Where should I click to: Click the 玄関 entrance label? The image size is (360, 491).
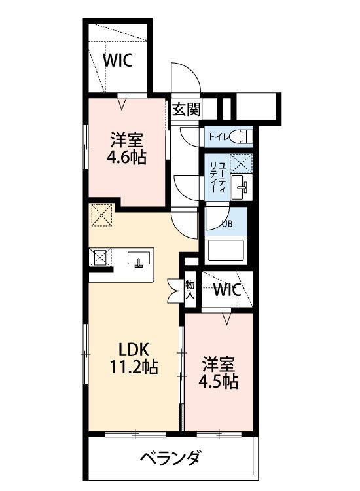point(186,109)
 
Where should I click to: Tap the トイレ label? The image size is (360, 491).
point(217,137)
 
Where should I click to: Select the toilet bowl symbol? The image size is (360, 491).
point(241,136)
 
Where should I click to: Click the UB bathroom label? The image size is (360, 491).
point(227,223)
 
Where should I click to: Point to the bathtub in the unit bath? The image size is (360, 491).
point(225,251)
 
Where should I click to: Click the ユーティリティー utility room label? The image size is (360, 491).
point(218,175)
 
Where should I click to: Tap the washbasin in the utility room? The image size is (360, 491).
point(241,187)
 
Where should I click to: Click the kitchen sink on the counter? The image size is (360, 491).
point(138,260)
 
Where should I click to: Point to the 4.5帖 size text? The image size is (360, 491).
point(218,381)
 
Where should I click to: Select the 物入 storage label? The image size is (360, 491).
point(190,289)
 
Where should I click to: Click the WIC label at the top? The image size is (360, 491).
point(118,60)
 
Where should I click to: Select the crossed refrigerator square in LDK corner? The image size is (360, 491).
point(101,215)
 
